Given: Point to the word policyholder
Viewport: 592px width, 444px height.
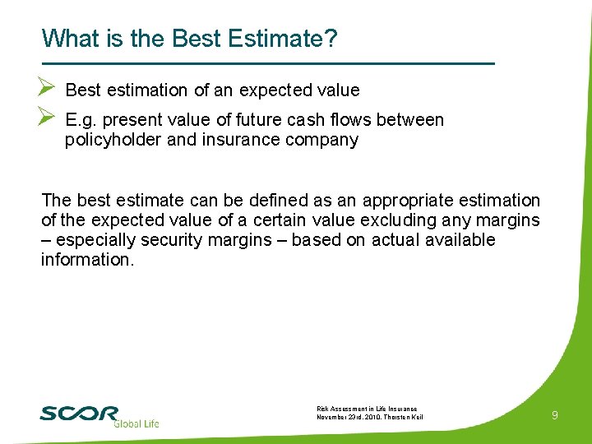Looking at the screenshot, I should click(x=113, y=140).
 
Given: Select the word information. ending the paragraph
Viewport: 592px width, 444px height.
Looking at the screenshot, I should click(x=85, y=260).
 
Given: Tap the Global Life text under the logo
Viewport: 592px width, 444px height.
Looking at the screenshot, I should click(x=135, y=423).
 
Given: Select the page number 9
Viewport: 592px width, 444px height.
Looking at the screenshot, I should click(x=555, y=416).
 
